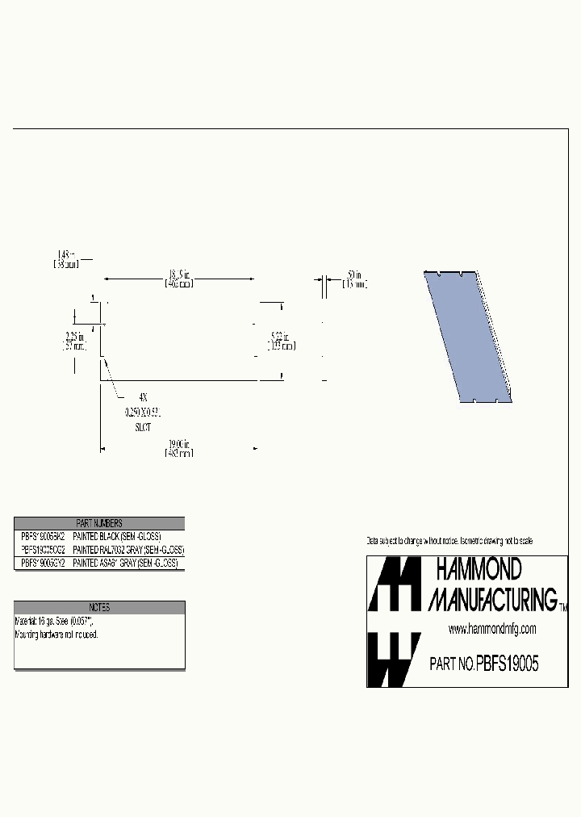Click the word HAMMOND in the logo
(x=479, y=569)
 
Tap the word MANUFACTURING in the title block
(x=491, y=599)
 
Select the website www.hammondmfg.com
(x=491, y=629)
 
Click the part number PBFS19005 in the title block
(x=507, y=664)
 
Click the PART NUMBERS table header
(x=99, y=523)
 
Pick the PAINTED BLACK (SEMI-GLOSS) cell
(x=117, y=536)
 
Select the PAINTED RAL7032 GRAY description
(x=128, y=549)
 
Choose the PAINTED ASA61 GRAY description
(x=125, y=562)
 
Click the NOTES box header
(x=99, y=608)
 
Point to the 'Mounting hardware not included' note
(x=56, y=635)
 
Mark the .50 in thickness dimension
(x=353, y=280)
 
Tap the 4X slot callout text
(x=143, y=398)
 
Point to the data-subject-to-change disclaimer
(x=449, y=540)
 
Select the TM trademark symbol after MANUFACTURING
(x=562, y=608)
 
